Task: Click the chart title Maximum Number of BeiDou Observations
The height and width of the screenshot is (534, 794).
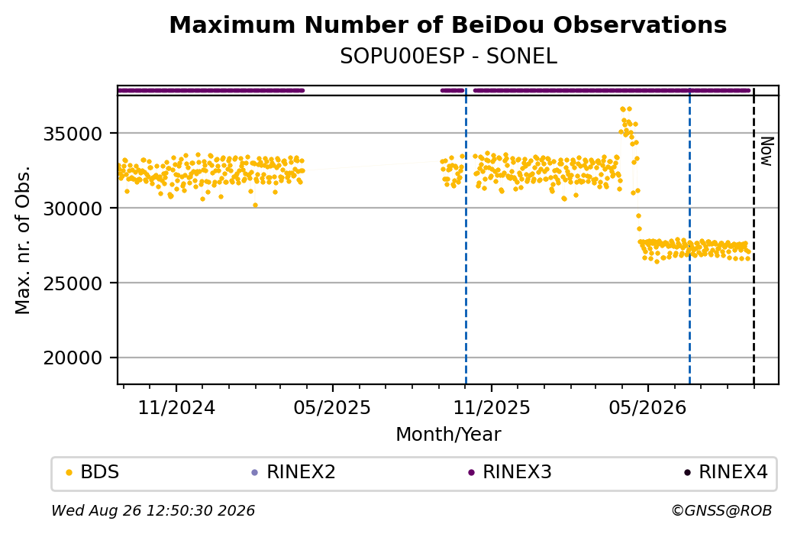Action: click(x=447, y=24)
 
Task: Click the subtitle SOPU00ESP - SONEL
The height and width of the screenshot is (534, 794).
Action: click(x=448, y=57)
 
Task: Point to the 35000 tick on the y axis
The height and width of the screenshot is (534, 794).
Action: click(x=73, y=134)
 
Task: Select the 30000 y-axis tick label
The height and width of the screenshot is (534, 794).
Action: click(x=73, y=209)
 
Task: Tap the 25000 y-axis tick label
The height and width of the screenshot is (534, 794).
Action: click(x=73, y=283)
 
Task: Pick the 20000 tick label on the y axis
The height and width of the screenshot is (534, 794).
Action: click(x=73, y=358)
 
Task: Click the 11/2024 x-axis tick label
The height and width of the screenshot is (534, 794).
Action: click(x=176, y=407)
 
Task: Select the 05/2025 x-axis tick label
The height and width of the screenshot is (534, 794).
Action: click(x=332, y=407)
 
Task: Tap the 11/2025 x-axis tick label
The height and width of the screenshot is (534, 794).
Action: click(x=491, y=407)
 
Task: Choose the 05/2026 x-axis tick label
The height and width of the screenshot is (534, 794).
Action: click(x=647, y=407)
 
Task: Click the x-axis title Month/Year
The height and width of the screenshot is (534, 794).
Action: click(x=448, y=434)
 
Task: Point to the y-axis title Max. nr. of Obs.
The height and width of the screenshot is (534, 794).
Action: click(x=22, y=240)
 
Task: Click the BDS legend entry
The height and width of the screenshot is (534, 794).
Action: click(x=92, y=472)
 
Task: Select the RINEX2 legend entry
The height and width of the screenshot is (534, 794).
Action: click(x=293, y=472)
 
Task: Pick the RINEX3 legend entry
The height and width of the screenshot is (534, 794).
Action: click(x=509, y=472)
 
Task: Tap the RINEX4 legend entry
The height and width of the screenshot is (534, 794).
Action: click(x=725, y=472)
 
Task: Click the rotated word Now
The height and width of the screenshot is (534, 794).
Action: click(x=767, y=151)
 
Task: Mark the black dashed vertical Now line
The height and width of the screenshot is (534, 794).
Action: click(x=754, y=236)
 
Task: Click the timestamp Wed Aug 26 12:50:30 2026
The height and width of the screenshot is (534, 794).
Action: click(x=153, y=510)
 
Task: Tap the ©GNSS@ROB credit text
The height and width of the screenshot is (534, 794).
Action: click(x=721, y=510)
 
